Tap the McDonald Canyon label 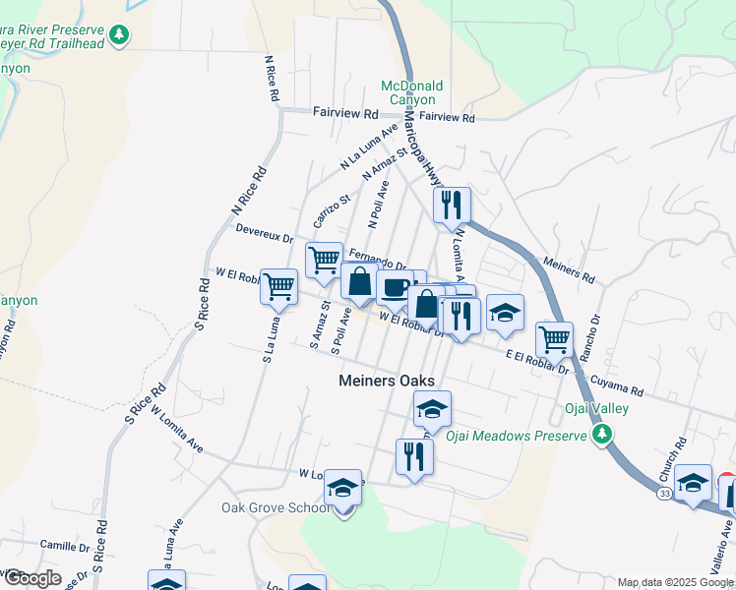(412, 92)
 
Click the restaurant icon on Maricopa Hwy (453, 205)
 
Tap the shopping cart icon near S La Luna (278, 287)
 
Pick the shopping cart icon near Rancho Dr (555, 339)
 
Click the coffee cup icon (395, 288)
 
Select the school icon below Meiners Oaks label (431, 408)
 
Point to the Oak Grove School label (276, 507)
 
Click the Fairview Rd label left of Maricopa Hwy (345, 114)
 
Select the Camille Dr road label (65, 544)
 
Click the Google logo (31, 578)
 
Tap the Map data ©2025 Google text (676, 582)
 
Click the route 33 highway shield (666, 493)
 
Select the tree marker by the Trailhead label (119, 35)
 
